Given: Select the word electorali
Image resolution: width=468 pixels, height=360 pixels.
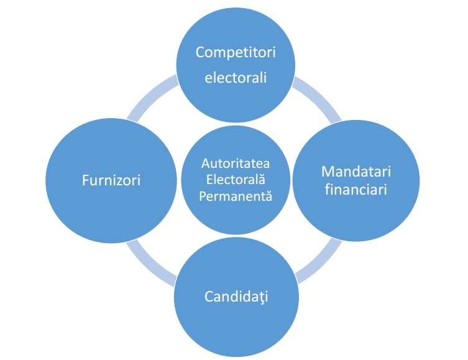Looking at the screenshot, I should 235,78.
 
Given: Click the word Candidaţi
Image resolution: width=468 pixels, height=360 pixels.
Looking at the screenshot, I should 235,295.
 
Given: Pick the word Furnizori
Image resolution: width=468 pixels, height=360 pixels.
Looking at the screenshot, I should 112,180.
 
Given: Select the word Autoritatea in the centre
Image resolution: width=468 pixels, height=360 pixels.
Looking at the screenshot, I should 236,164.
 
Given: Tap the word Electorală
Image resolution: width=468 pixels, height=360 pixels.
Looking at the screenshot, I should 236,180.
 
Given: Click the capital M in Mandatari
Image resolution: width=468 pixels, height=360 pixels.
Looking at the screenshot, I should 327,170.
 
